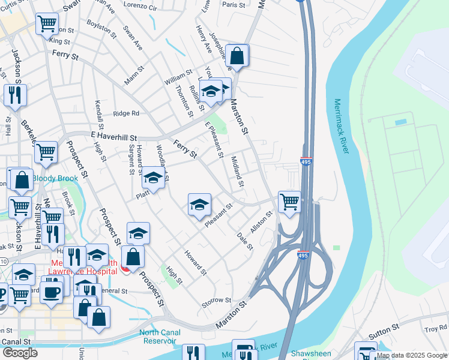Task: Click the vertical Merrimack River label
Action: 339,127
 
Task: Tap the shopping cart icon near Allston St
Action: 289,202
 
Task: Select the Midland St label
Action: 237,171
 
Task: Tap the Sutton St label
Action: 388,329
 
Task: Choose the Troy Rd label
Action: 436,328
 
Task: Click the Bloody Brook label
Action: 55,178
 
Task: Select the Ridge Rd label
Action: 126,113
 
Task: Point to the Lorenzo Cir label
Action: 140,7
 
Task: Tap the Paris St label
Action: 234,5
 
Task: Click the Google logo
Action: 19,353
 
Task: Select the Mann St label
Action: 136,78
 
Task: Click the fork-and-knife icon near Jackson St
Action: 14,95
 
